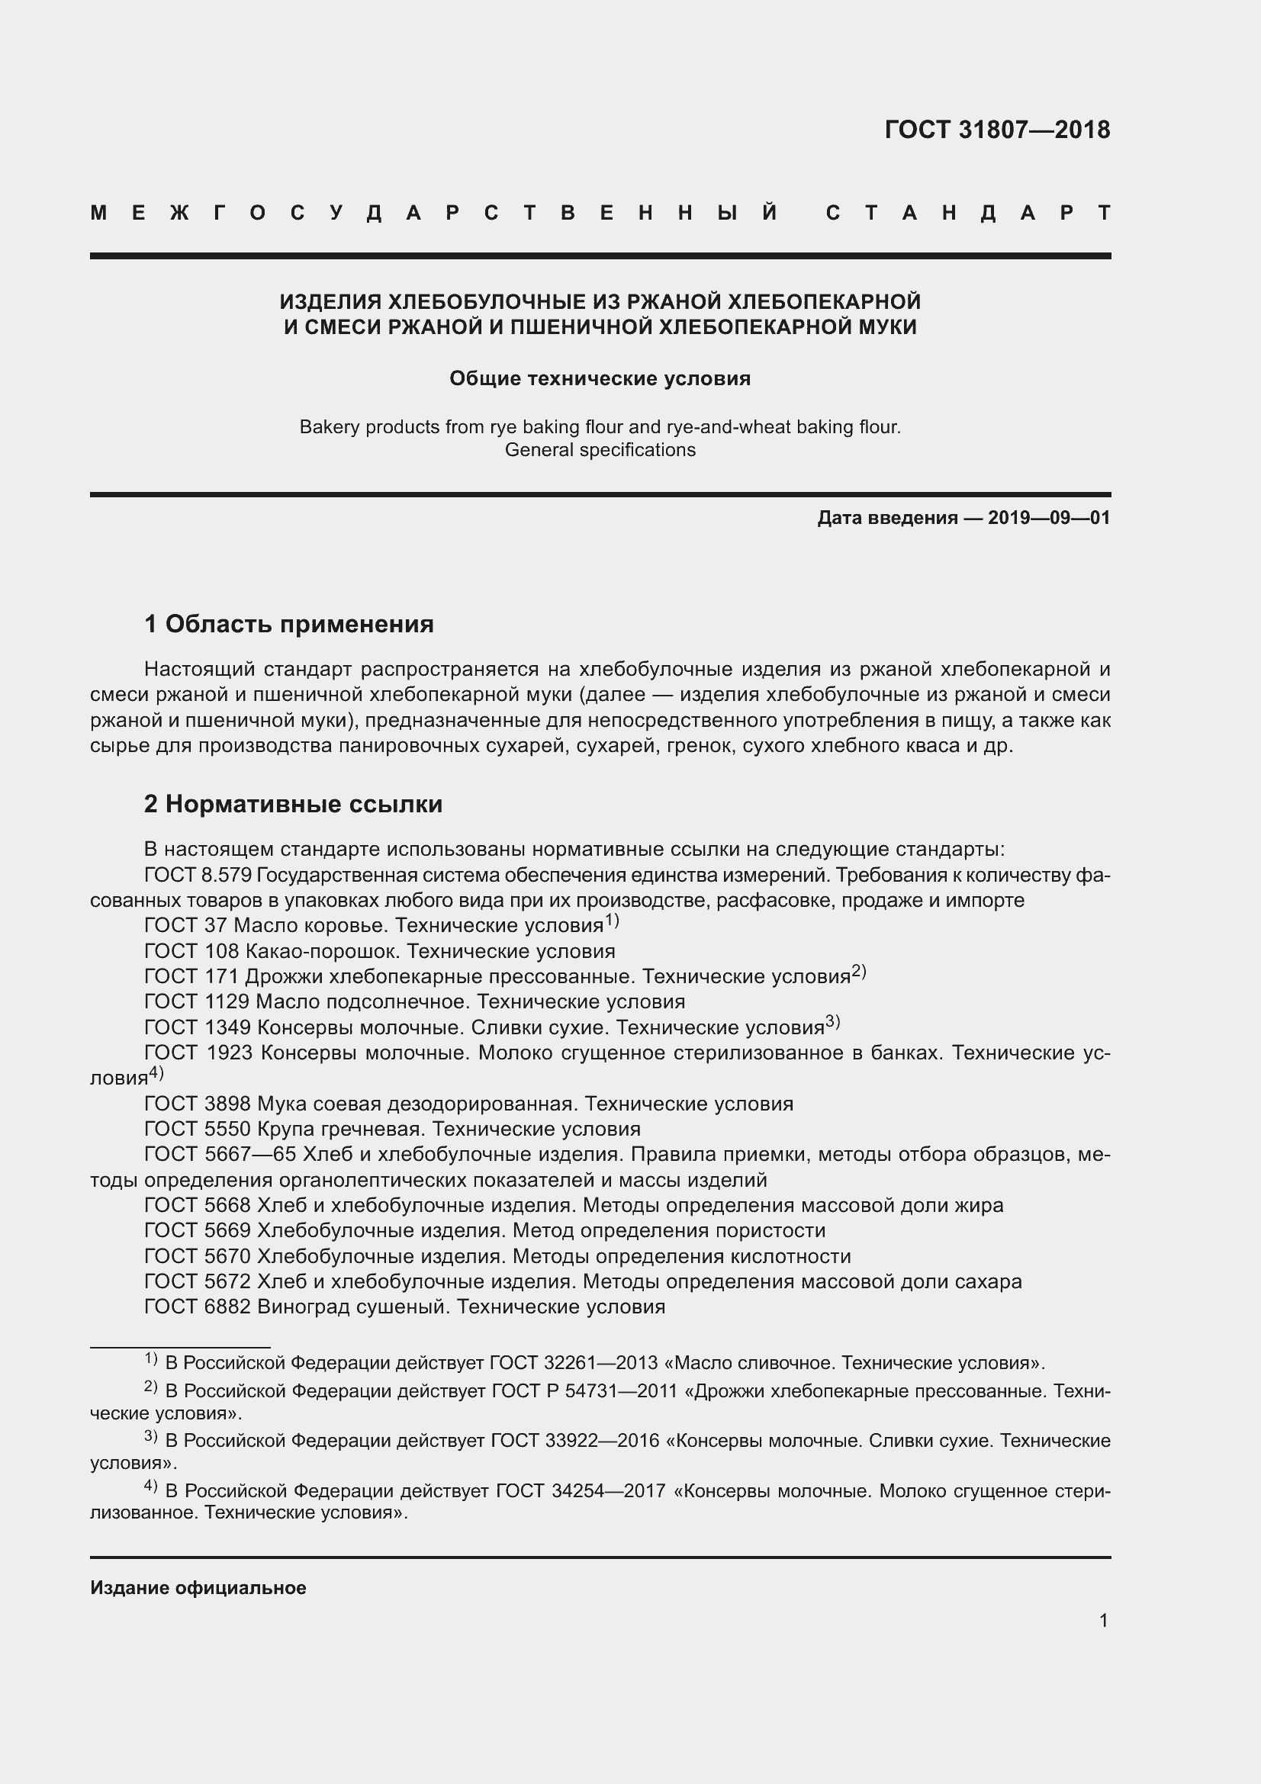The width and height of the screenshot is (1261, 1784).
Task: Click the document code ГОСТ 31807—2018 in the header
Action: click(997, 130)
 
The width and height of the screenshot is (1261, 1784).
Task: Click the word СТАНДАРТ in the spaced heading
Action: click(968, 213)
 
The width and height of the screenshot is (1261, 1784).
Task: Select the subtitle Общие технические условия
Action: click(600, 378)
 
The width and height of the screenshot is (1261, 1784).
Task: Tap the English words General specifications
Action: click(600, 450)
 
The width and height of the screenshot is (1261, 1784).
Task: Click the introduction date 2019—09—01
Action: click(1049, 517)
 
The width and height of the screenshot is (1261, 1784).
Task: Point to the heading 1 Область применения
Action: click(289, 623)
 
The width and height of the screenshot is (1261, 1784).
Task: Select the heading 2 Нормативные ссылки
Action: click(293, 803)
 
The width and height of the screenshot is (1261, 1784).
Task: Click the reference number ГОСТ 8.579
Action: click(198, 875)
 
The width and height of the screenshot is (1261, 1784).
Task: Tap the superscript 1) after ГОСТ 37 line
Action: click(612, 921)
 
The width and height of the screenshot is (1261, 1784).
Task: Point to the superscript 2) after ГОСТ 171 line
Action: click(858, 971)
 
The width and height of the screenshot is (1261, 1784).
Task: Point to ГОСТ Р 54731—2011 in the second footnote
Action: click(585, 1391)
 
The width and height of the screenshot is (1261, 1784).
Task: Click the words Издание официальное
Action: click(198, 1588)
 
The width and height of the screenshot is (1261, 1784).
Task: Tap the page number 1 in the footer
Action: click(1103, 1620)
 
